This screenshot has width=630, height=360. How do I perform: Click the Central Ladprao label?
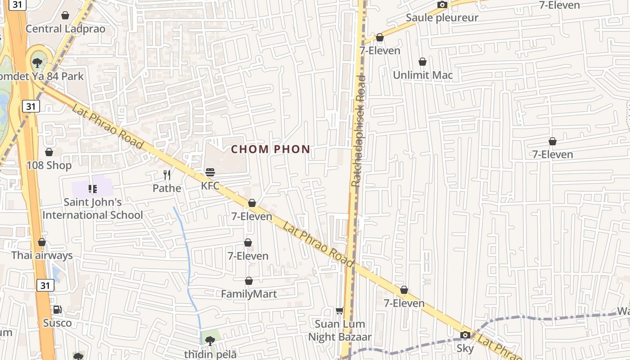pos(65,29)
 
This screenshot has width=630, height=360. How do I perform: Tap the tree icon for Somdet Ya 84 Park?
pos(37,63)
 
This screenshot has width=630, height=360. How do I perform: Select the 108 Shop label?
pos(49,165)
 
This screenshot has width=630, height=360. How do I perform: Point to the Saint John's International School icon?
pos(93,189)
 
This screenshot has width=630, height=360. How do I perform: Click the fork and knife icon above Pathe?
pos(167,175)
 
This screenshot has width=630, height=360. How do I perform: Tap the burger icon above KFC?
pos(210,172)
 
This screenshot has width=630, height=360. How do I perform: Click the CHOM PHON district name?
pos(270,149)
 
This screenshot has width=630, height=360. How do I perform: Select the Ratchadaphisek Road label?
pos(359,130)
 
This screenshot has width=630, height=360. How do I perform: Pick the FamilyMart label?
pos(249,294)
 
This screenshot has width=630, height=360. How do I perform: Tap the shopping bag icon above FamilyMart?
pos(249,281)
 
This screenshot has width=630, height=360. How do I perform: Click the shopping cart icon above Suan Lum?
pos(340,310)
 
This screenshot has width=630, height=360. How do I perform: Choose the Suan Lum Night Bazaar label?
pos(340,330)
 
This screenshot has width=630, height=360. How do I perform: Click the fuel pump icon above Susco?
pos(57,310)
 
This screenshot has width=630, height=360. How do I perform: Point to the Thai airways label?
pos(42,256)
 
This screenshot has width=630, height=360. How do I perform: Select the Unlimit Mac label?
pos(423,75)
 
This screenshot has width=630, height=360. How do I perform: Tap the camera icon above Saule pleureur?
pos(442,5)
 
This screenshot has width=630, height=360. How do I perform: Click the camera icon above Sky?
pos(465,335)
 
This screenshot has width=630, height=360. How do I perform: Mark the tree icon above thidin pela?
pos(210,341)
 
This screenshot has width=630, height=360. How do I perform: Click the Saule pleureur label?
pos(442,18)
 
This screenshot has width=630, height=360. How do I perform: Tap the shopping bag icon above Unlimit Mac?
pos(423,61)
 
